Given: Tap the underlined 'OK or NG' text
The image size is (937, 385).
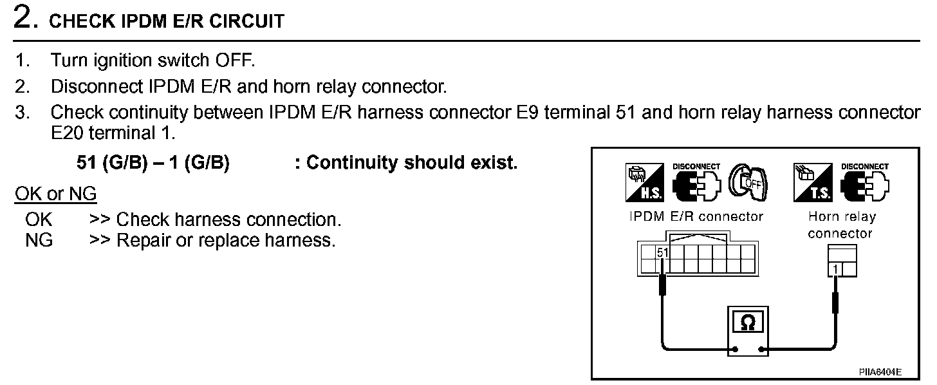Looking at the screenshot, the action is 55,194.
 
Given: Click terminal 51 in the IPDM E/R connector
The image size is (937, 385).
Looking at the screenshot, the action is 662,252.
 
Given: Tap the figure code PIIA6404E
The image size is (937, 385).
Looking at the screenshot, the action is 880,372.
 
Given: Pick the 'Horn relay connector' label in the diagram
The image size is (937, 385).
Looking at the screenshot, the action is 840,225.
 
